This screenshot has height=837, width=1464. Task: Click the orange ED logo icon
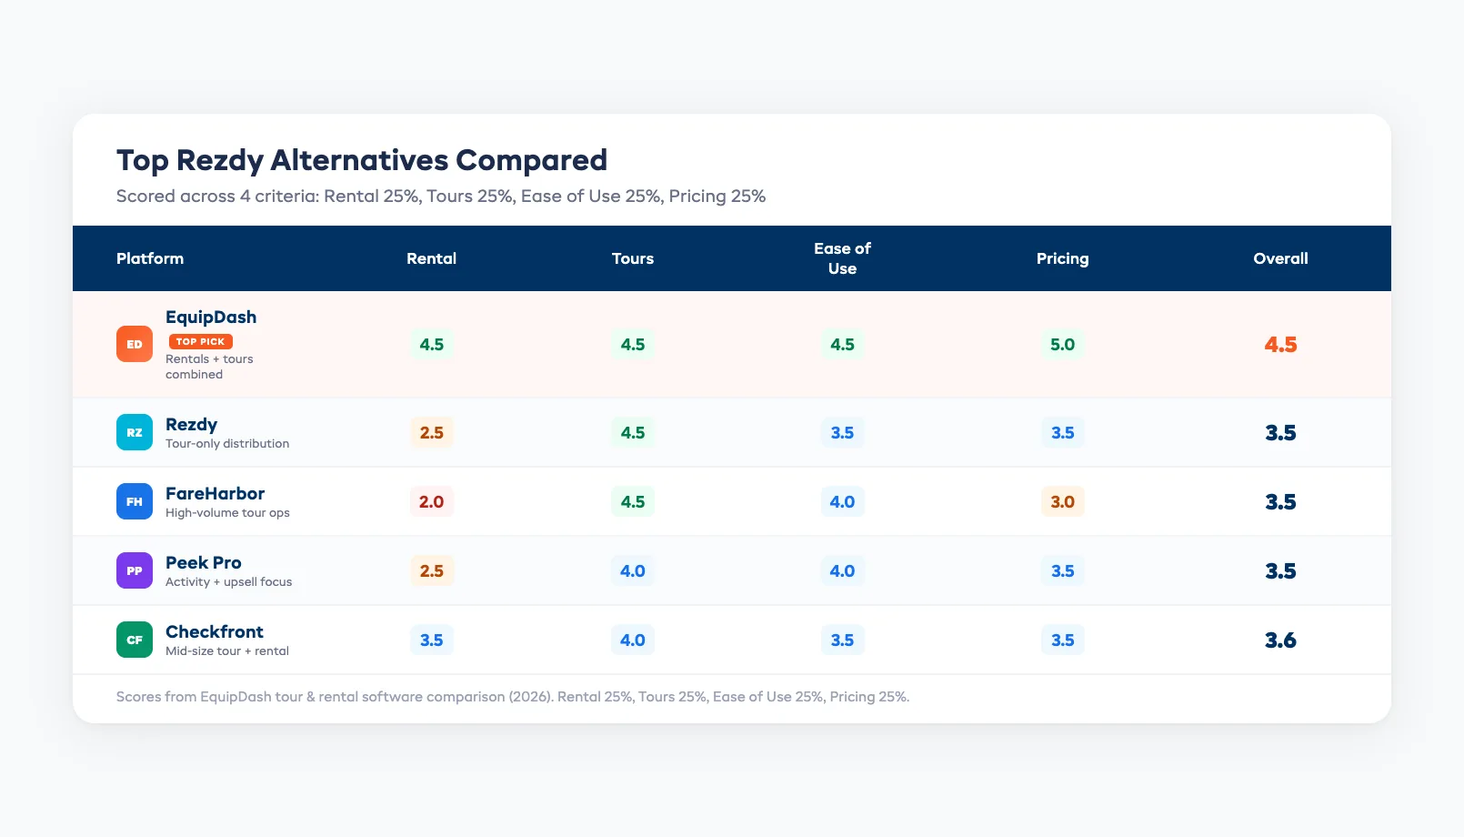(x=135, y=344)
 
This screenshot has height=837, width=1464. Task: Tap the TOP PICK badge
(x=200, y=341)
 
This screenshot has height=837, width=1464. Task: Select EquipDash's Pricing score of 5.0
(x=1062, y=344)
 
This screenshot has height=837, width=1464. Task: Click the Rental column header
(x=431, y=258)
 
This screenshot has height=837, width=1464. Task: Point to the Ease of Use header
(x=842, y=258)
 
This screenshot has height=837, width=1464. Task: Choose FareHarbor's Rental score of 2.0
(x=431, y=501)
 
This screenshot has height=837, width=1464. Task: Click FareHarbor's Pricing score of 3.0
(x=1062, y=501)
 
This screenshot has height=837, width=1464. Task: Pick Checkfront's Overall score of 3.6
(x=1280, y=640)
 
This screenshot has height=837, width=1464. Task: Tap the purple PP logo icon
(x=135, y=570)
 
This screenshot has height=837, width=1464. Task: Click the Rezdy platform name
(x=191, y=424)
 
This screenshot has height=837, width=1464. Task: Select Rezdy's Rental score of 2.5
(x=431, y=432)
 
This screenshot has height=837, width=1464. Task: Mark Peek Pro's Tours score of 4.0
(x=632, y=570)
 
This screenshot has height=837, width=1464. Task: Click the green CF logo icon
(x=135, y=640)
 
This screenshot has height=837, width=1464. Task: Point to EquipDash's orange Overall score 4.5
(x=1280, y=344)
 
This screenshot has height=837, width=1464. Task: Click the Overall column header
(x=1280, y=258)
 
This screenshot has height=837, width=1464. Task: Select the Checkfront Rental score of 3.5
(x=431, y=640)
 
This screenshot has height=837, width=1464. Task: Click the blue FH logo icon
(x=135, y=501)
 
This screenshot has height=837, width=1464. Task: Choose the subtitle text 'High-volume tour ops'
(x=227, y=513)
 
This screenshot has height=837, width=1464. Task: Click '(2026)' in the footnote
(x=530, y=697)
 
